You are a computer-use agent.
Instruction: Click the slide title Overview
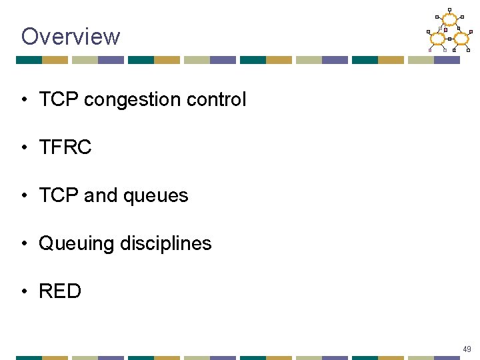click(71, 36)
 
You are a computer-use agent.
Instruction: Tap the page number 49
click(467, 349)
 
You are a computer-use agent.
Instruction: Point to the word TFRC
click(65, 147)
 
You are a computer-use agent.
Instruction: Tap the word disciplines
click(166, 243)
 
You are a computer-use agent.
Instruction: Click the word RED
click(60, 291)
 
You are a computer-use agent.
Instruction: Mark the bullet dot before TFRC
click(24, 148)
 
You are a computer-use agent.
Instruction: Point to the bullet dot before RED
click(24, 292)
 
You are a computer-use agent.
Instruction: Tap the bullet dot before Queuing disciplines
click(24, 244)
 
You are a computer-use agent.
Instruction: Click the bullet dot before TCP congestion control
click(24, 101)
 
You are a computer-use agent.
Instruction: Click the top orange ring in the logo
click(449, 20)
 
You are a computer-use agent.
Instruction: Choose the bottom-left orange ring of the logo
click(438, 38)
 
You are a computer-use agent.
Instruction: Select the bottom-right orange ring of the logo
click(461, 38)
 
